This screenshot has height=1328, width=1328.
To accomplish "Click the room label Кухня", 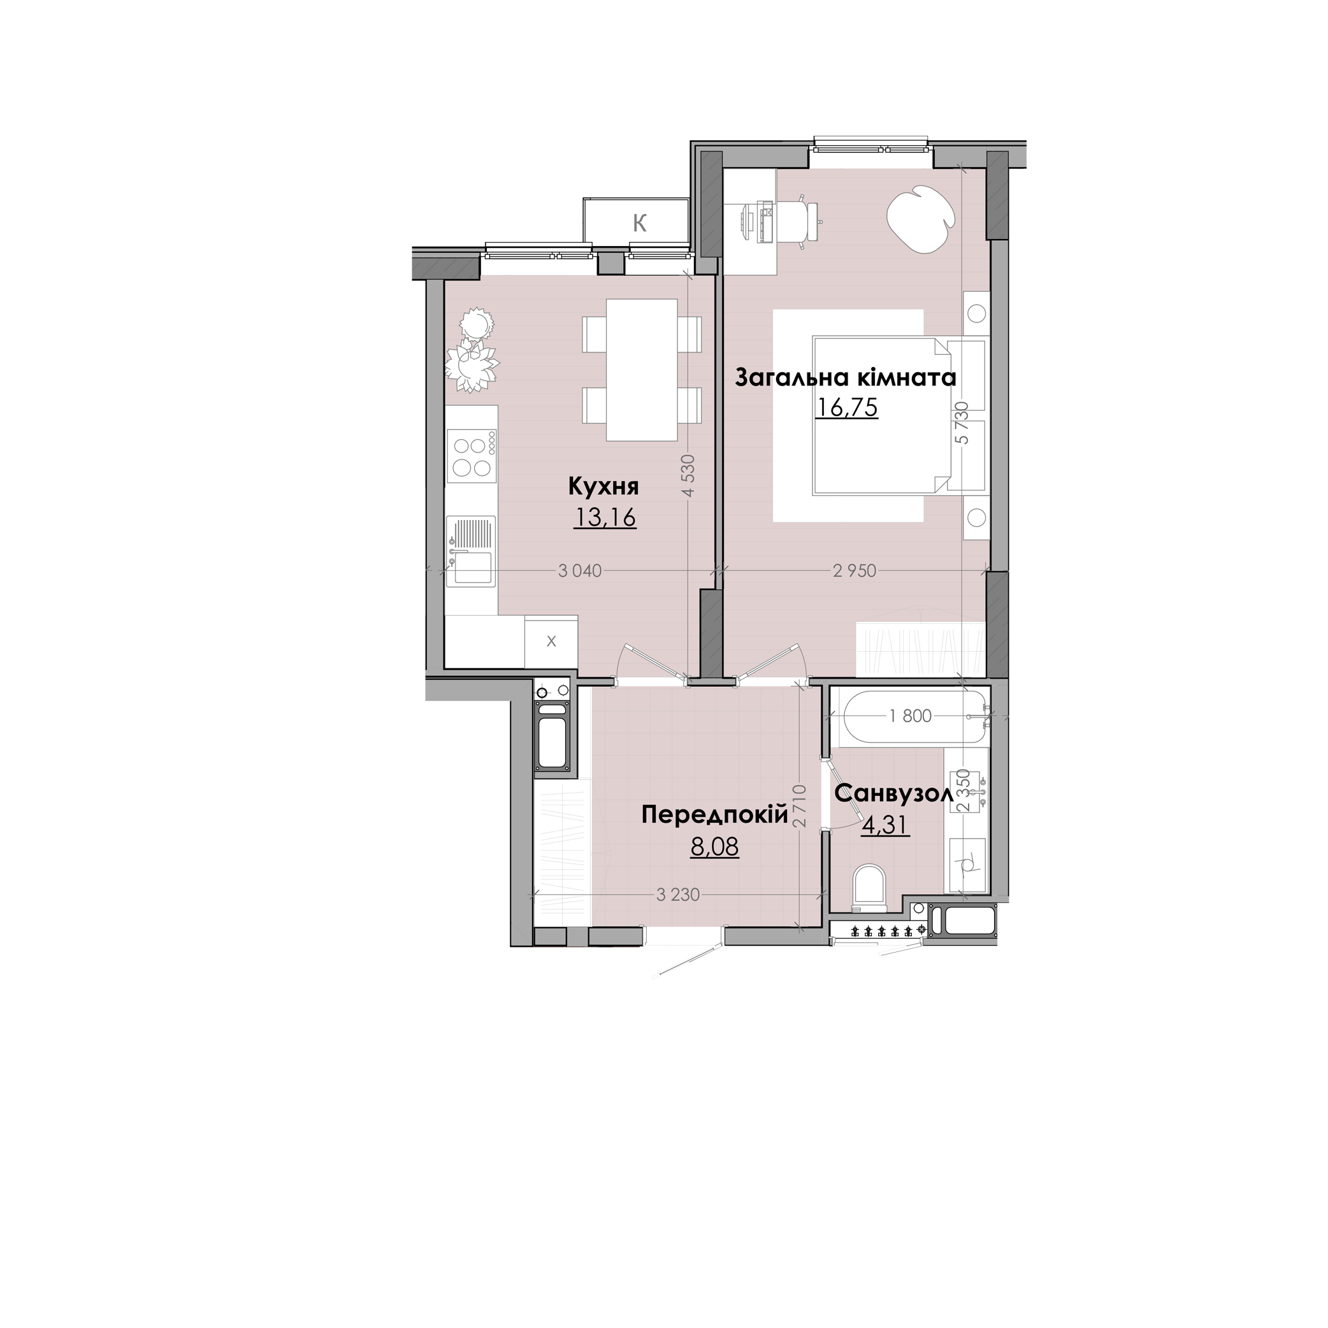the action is (603, 487).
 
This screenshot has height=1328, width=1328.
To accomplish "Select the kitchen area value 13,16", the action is (605, 516).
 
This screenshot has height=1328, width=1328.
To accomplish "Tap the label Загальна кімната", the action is (846, 378).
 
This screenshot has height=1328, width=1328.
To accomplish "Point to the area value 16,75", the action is (846, 408).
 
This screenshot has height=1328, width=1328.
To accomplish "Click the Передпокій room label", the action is (714, 816).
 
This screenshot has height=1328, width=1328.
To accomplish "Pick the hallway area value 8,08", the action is (715, 847).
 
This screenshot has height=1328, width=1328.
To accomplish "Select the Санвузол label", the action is (893, 794).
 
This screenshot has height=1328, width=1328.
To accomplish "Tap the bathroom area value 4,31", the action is (886, 824).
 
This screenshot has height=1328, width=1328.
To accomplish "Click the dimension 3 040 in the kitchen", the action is (580, 570).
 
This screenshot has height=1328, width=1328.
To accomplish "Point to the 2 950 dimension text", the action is (855, 570).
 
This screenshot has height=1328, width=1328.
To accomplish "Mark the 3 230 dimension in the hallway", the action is (678, 895).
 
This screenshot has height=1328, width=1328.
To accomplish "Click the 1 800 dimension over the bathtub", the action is (910, 716).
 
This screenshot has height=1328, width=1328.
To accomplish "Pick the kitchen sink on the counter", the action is (471, 551).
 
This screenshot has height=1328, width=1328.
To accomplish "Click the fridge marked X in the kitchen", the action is (551, 641).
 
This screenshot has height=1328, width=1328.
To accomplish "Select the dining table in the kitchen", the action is (642, 370).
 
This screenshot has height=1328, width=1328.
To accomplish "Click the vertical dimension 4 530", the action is (689, 474).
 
